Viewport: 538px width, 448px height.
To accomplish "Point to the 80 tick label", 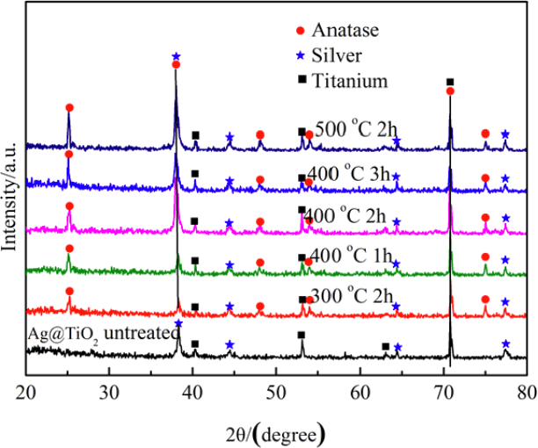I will [526, 392].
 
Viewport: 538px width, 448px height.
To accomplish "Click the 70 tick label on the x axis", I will [443, 392].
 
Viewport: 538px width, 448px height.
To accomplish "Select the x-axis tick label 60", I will [360, 392].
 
